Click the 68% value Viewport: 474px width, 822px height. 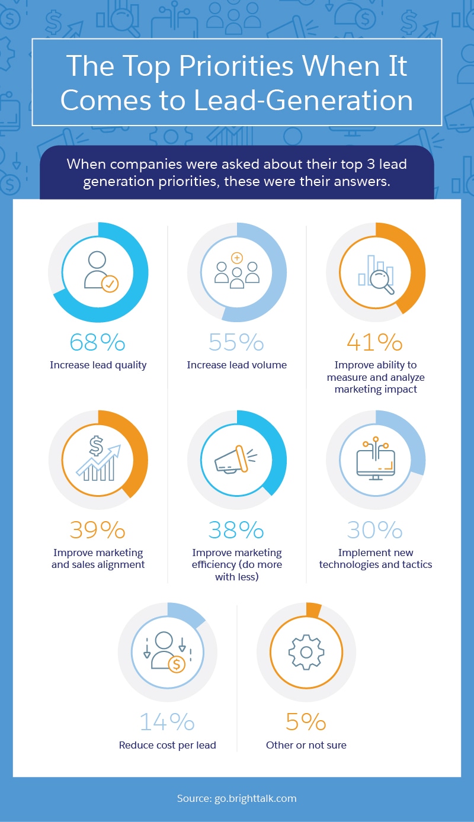coord(98,343)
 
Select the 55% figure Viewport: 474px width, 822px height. coord(236,343)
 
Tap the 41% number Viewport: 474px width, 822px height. coord(375,343)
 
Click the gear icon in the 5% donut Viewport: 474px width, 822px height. coord(306,652)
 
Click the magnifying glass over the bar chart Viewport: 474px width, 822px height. coord(383,281)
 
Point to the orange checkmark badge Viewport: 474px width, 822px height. coord(110,284)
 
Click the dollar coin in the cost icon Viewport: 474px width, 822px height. coord(177,664)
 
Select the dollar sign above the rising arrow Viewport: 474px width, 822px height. coord(97,445)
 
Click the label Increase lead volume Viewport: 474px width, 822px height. coord(236,365)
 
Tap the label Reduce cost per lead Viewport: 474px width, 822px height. coord(167,745)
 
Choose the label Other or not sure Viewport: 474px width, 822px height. coord(306,745)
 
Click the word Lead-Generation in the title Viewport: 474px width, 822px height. coord(308,100)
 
